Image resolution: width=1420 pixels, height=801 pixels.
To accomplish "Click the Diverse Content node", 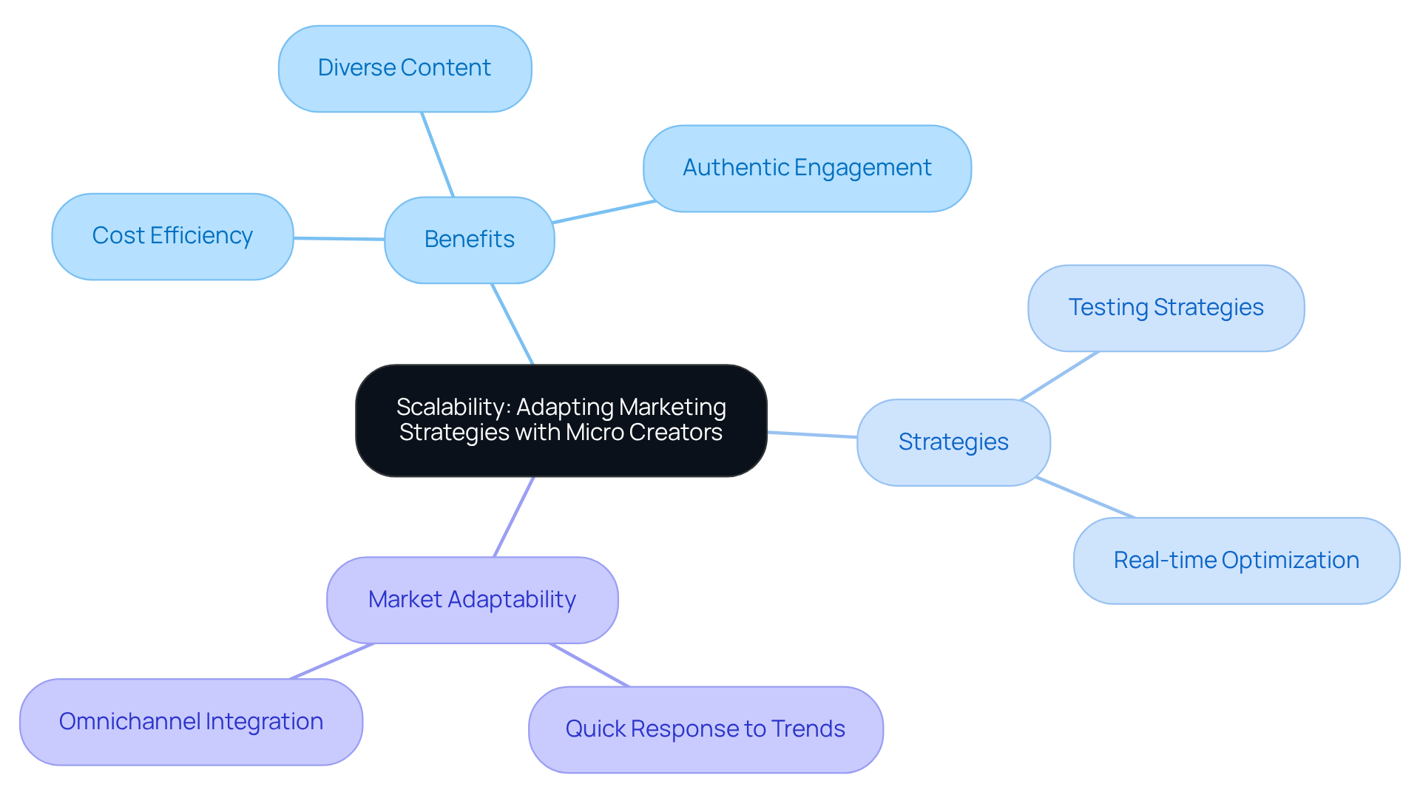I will click(405, 69).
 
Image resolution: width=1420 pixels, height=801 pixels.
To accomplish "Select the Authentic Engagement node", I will click(807, 169).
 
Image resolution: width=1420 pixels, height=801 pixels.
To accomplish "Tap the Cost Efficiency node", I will click(172, 237).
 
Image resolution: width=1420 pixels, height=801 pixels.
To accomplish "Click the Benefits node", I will click(469, 240).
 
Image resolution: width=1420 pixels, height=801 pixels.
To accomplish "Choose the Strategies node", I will click(953, 442).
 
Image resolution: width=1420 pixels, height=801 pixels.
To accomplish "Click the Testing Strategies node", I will click(1166, 308).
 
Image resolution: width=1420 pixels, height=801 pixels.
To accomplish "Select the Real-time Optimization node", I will click(1236, 561).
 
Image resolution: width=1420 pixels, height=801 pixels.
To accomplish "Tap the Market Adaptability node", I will click(472, 600).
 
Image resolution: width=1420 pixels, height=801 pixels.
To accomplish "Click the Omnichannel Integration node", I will click(191, 722).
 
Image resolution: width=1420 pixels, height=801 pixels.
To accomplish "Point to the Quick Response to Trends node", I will click(705, 729).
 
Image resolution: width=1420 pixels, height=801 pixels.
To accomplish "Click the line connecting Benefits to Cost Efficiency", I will click(339, 238).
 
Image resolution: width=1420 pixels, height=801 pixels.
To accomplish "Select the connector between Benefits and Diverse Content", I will click(437, 154).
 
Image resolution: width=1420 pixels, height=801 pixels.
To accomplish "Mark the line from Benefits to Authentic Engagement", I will click(604, 212).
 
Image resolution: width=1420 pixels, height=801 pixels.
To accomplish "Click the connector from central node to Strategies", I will click(812, 435).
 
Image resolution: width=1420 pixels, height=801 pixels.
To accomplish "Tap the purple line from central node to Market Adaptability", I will click(513, 517).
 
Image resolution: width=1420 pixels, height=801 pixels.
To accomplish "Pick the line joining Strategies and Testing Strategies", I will click(1059, 376).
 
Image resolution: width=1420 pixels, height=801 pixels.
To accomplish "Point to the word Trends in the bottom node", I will click(808, 729).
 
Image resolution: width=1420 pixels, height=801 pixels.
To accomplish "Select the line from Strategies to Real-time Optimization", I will click(1085, 498).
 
